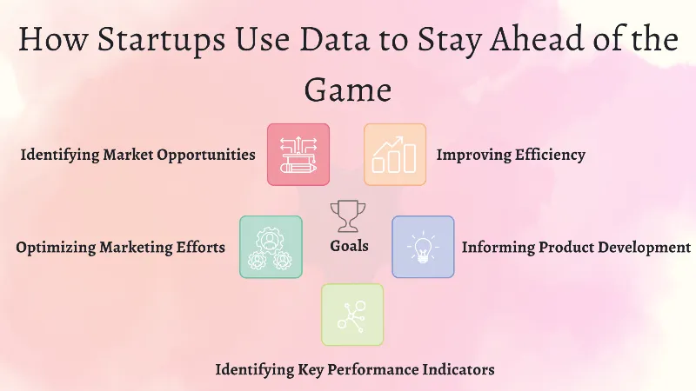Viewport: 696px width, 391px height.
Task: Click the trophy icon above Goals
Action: tap(348, 215)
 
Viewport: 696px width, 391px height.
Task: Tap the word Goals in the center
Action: tap(349, 246)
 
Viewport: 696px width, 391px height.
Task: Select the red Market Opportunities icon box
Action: tap(298, 155)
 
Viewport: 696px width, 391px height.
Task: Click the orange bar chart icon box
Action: tap(395, 155)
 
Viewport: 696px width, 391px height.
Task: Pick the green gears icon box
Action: tap(271, 247)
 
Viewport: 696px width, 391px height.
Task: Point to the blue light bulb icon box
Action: tap(423, 247)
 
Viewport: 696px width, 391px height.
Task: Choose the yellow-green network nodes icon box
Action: tap(352, 315)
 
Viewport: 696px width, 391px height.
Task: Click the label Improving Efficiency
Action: tap(511, 156)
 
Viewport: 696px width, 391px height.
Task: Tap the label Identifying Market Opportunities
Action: tap(137, 156)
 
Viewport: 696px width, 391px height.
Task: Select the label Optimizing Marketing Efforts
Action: tap(120, 248)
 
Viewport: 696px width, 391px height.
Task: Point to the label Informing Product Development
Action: tap(576, 248)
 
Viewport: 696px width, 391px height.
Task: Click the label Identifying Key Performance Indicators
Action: tap(355, 370)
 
